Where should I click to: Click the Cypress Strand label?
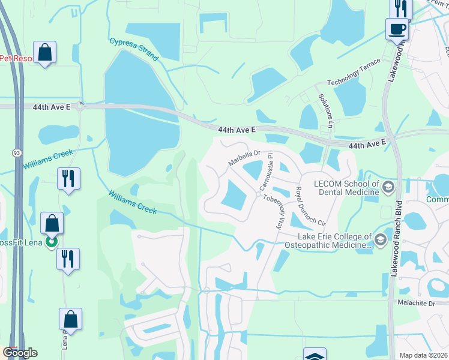tap(134, 50)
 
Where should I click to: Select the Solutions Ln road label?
tap(327, 110)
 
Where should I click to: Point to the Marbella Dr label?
tap(243, 158)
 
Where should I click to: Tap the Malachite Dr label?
tap(418, 304)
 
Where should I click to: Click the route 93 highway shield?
tap(16, 153)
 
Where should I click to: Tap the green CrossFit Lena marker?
tap(52, 242)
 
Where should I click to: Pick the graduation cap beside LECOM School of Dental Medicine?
tap(388, 188)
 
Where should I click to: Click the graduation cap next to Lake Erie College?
tap(380, 241)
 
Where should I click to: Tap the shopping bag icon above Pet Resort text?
tap(45, 52)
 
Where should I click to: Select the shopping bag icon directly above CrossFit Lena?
tap(52, 223)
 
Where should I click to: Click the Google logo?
tap(20, 353)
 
